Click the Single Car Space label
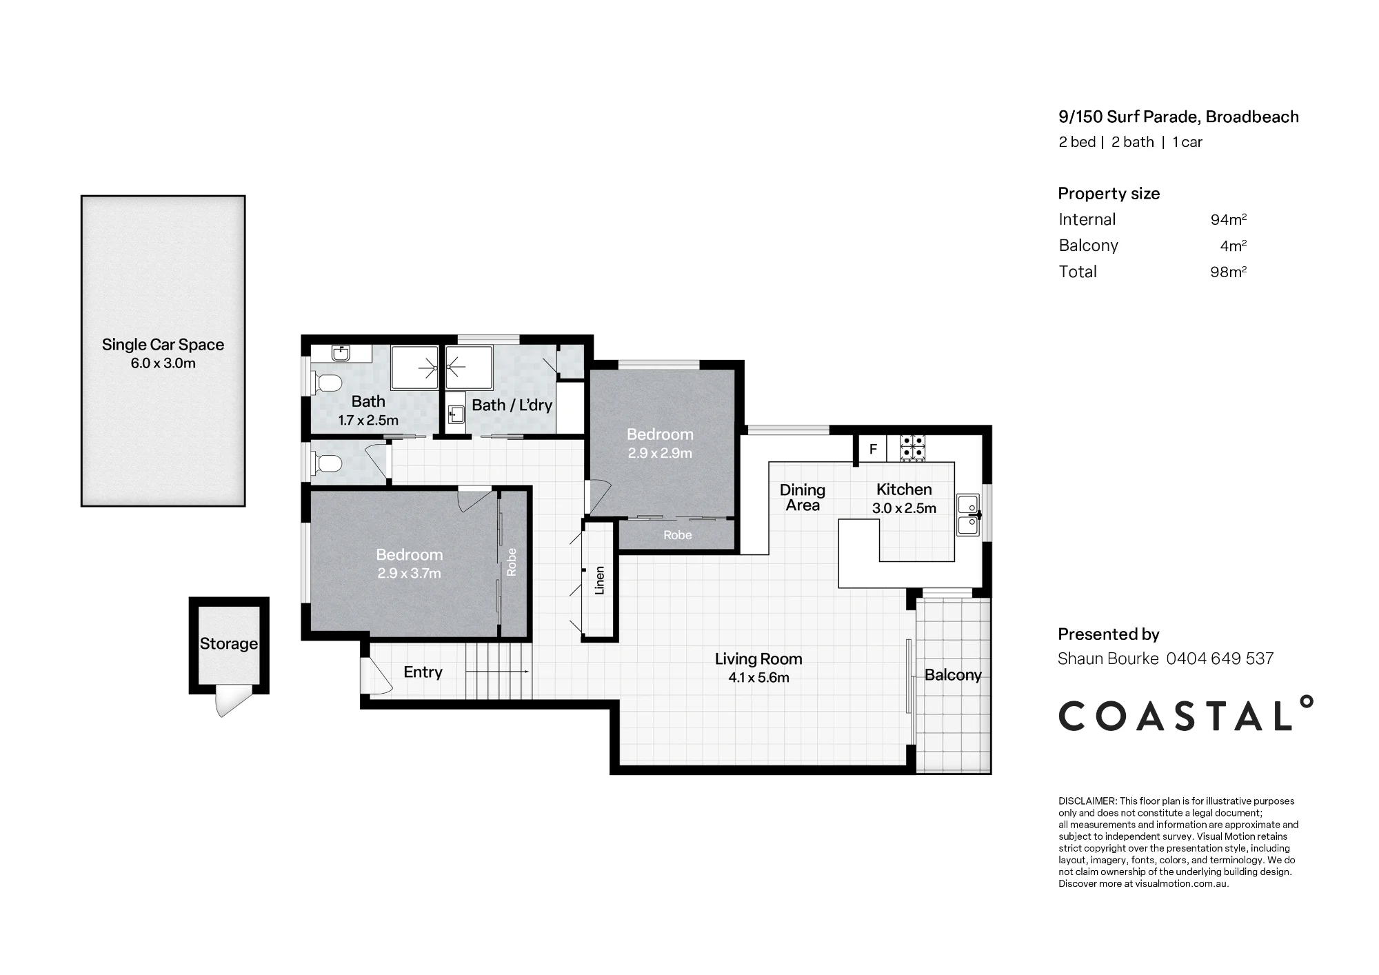163,345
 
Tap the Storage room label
229,644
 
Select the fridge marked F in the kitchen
873,450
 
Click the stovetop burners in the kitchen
912,448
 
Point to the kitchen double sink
968,514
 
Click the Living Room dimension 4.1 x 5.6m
758,678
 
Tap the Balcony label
953,675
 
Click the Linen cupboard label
600,581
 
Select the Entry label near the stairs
423,672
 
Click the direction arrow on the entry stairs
498,672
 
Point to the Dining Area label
803,497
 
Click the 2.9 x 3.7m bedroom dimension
409,573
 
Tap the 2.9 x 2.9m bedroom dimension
660,453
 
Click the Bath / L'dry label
512,405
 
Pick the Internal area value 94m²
1229,219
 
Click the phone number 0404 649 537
1220,659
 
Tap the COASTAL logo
1185,714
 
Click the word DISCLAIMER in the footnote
1087,801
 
